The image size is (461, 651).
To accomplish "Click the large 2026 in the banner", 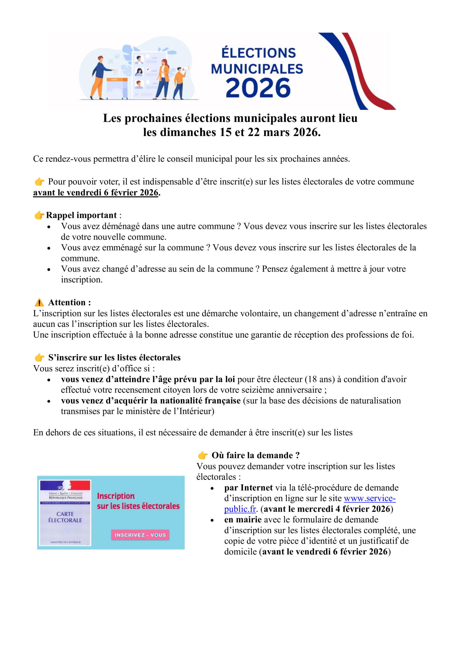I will (258, 88).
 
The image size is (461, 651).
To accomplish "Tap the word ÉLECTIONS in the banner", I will (259, 53).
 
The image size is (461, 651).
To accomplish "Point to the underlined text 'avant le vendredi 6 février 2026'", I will (96, 193).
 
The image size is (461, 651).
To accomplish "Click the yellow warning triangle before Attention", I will (39, 303).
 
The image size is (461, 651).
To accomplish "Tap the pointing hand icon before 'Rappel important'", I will (39, 215).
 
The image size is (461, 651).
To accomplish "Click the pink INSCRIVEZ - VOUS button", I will (140, 535).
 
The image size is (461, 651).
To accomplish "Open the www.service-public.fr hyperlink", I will (370, 498).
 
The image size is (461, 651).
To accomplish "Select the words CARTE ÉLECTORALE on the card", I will (65, 517).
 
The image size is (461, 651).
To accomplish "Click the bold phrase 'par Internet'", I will (248, 487).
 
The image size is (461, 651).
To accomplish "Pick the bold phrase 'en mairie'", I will (243, 520).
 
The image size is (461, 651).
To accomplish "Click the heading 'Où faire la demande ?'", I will (256, 455).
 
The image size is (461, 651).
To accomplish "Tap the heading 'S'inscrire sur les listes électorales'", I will (114, 358).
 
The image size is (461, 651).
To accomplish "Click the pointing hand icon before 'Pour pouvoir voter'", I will (39, 182).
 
